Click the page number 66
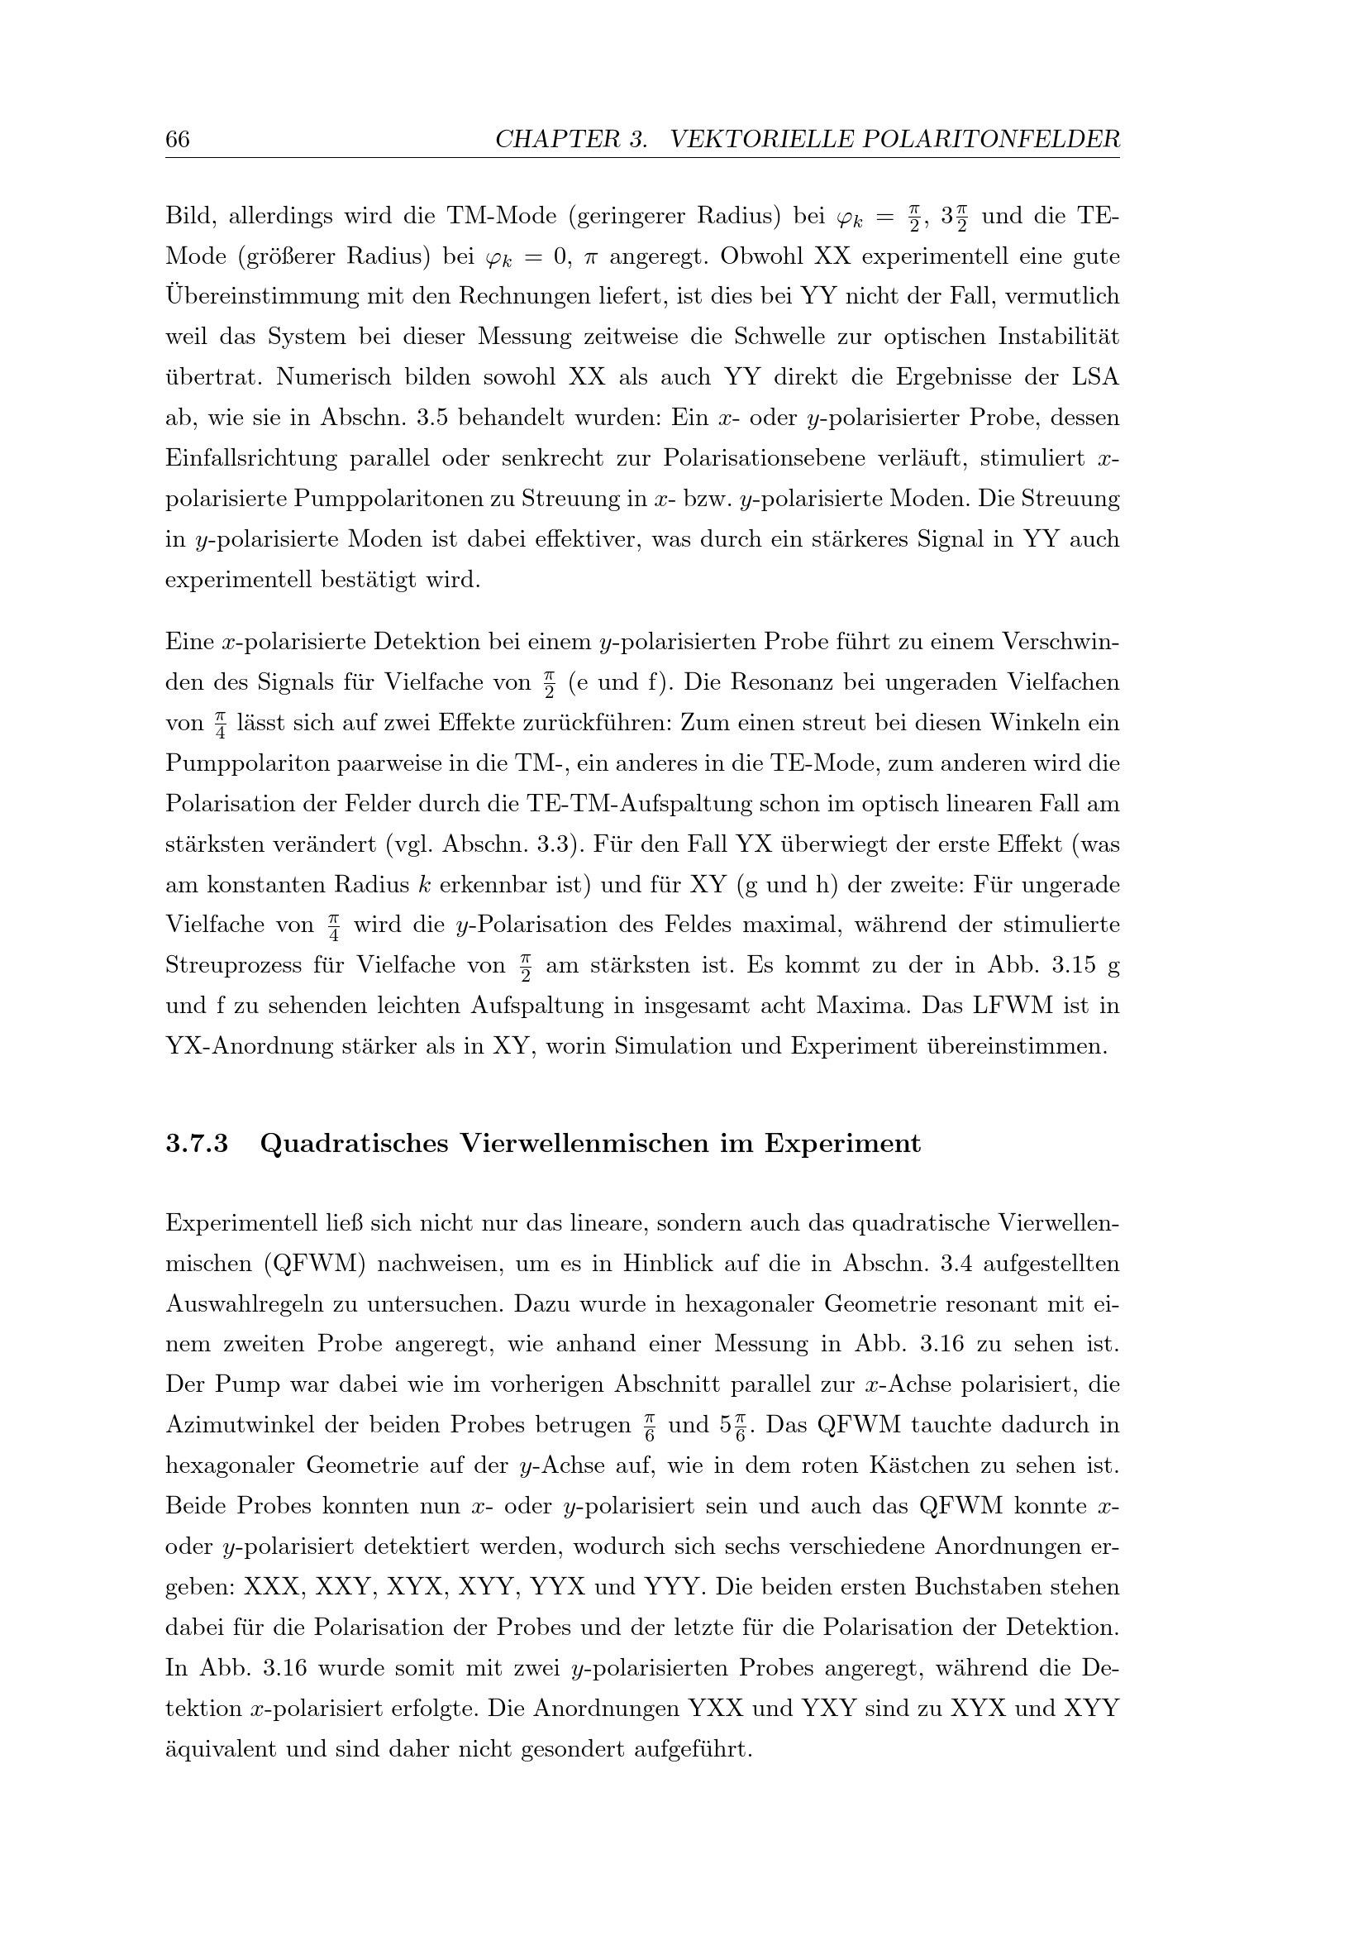tap(177, 139)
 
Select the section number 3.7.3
tap(197, 1144)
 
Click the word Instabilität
tap(1059, 337)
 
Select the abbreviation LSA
tap(1095, 377)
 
